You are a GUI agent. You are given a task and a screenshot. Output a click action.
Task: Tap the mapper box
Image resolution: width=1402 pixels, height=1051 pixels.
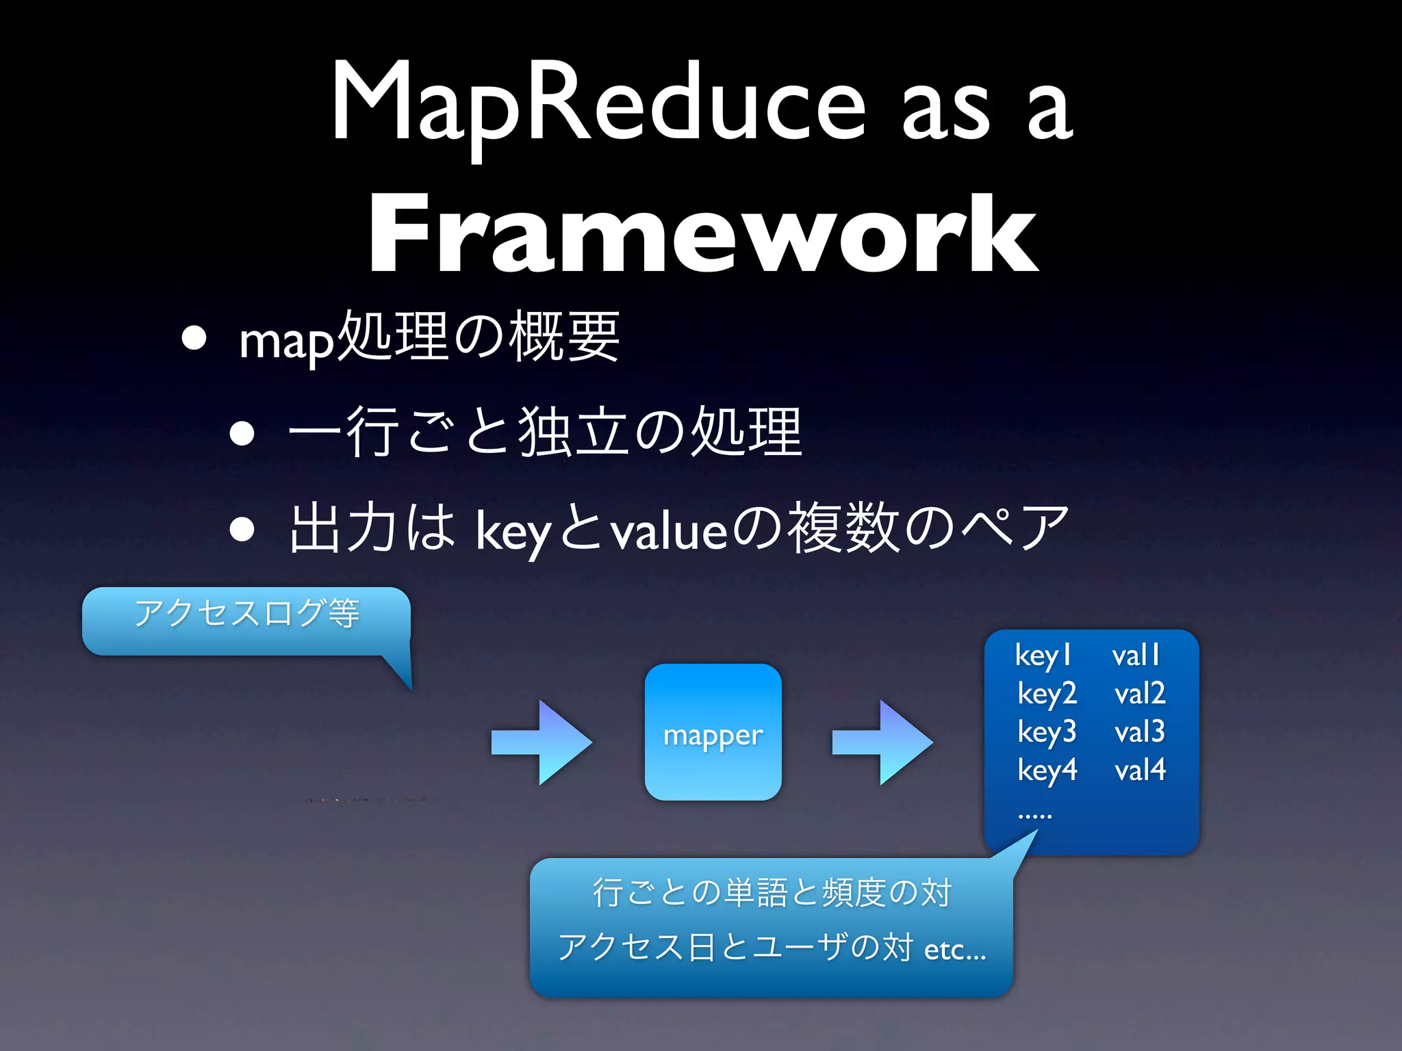(713, 732)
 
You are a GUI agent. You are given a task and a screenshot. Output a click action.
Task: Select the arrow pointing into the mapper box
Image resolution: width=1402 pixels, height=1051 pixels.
(541, 742)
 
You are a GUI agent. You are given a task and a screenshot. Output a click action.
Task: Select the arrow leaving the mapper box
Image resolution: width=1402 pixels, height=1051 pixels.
(882, 742)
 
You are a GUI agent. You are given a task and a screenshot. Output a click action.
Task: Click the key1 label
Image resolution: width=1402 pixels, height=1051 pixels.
(1043, 656)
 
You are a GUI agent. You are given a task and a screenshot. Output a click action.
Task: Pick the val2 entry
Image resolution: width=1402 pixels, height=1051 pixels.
(1139, 694)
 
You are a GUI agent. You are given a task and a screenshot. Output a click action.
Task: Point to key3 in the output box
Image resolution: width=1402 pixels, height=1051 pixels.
(1047, 732)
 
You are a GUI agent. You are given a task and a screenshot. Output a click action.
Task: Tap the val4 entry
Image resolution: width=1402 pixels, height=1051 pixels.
(1139, 770)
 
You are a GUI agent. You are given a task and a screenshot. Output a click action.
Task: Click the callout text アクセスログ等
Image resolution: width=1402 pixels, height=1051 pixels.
(246, 612)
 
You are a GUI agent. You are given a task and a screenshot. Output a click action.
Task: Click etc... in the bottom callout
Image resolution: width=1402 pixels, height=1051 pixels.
(954, 950)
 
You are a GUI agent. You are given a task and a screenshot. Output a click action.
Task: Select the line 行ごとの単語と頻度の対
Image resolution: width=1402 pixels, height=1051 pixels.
(772, 892)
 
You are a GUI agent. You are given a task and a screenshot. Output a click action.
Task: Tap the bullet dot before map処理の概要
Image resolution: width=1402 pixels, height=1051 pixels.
(194, 338)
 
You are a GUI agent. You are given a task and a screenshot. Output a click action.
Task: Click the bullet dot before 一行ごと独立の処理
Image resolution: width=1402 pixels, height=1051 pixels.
(242, 433)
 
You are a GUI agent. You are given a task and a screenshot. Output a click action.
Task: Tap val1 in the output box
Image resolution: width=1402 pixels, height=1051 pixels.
(1136, 656)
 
